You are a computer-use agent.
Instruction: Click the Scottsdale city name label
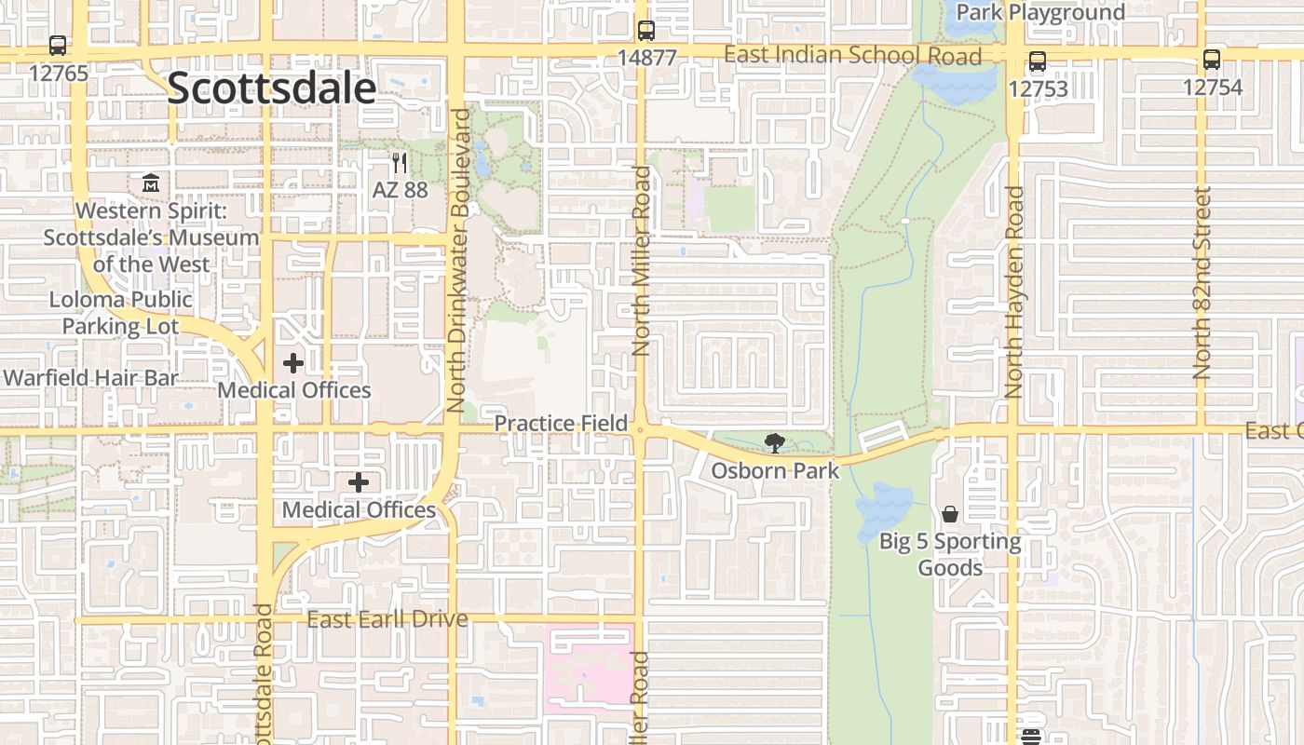coord(272,88)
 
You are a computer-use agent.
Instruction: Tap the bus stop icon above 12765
coord(58,45)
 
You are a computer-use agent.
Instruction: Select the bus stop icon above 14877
coord(646,31)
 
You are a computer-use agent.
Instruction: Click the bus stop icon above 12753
coord(1038,62)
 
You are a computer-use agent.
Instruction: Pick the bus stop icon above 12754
coord(1212,61)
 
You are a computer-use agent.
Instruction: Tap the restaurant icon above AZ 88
coord(400,163)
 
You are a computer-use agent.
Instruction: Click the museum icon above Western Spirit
coord(151,183)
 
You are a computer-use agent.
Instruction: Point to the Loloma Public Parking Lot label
coord(121,313)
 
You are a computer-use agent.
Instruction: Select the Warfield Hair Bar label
coord(90,378)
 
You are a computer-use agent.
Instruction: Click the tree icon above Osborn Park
coord(774,443)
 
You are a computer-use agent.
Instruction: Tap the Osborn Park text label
coord(775,471)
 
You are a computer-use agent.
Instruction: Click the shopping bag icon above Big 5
coord(950,514)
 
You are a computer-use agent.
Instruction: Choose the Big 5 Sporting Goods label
coord(950,554)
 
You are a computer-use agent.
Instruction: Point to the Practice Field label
coord(561,424)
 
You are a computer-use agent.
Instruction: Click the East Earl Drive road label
coord(387,619)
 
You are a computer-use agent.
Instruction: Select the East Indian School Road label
coord(852,56)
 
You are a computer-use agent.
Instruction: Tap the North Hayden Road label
coord(1014,292)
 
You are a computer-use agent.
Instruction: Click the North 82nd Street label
coord(1202,283)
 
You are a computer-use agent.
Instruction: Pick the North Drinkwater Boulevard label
coord(456,261)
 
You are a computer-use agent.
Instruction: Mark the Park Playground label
coord(1040,13)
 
